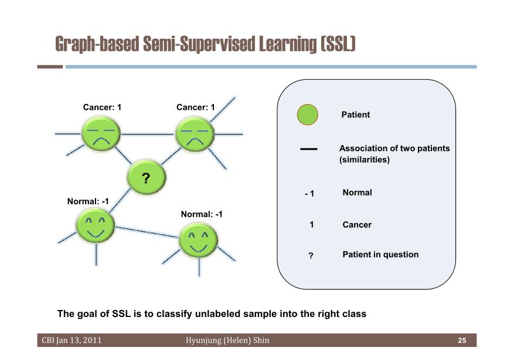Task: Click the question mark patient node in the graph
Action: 146,177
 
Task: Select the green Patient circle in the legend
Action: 308,115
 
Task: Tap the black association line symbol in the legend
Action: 309,149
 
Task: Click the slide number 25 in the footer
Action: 462,341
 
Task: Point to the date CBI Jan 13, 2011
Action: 72,340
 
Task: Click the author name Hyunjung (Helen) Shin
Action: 227,341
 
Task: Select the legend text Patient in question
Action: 380,255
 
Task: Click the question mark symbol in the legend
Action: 311,255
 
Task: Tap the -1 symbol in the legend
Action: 309,194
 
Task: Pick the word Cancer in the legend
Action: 357,225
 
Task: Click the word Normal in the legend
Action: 358,193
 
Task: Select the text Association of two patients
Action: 394,149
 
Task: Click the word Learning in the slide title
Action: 288,44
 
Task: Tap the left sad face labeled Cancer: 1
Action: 101,134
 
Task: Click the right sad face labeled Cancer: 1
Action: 195,134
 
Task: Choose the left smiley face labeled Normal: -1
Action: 96,225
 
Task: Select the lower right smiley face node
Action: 198,240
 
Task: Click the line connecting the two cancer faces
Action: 148,134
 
